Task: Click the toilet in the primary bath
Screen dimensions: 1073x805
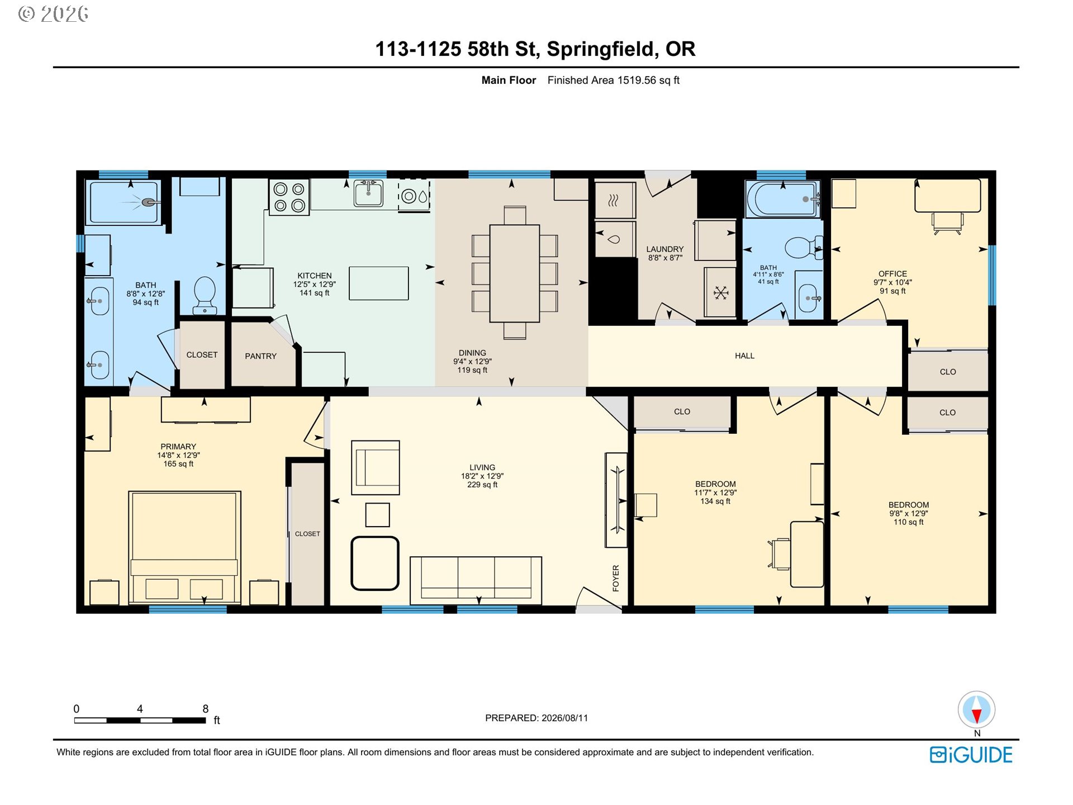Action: click(205, 295)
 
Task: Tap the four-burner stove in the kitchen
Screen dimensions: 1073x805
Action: click(289, 197)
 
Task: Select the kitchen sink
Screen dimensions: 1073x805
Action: click(368, 193)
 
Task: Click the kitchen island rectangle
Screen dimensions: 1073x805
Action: click(378, 283)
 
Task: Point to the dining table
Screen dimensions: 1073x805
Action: click(515, 273)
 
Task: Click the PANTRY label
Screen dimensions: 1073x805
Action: click(260, 356)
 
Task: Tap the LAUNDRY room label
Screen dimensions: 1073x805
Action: click(665, 249)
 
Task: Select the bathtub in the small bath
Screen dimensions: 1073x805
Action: click(782, 199)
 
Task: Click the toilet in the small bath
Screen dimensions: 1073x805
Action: click(804, 248)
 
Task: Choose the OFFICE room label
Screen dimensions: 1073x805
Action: click(892, 274)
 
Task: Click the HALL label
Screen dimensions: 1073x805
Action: click(744, 356)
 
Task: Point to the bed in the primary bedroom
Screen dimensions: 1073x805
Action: click(184, 548)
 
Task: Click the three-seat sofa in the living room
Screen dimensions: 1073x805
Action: click(476, 580)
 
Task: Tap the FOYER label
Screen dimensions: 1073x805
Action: click(616, 578)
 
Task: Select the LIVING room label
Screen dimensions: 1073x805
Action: click(482, 467)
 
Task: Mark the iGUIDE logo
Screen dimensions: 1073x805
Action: click(971, 755)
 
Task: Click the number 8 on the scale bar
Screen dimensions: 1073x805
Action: click(206, 709)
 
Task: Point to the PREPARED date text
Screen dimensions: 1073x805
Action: click(536, 718)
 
